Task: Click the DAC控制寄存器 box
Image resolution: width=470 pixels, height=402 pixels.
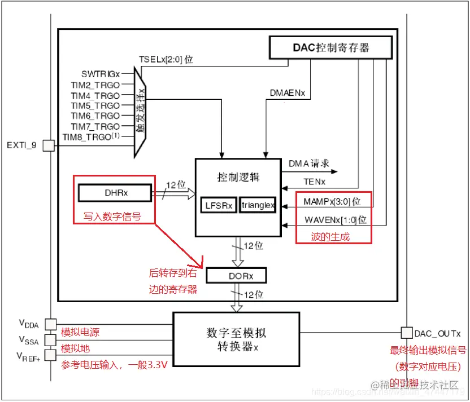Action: coord(330,47)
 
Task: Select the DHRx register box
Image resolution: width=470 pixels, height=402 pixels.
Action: coord(115,193)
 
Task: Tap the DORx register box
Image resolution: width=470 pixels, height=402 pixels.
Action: coord(236,275)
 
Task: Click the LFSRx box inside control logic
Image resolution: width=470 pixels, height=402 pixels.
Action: coord(219,205)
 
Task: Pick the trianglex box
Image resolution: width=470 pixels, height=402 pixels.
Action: coord(258,205)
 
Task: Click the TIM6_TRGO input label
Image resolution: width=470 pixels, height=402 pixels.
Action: coord(95,116)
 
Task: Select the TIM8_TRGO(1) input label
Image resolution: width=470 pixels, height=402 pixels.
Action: coord(92,136)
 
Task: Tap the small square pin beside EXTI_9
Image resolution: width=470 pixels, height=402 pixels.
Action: coord(49,145)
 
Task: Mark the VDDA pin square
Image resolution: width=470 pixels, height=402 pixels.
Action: coord(50,324)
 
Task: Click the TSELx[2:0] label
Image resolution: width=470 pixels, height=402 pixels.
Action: coord(166,59)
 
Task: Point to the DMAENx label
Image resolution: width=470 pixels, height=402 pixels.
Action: coord(286,93)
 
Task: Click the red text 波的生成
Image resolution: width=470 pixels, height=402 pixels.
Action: coord(330,237)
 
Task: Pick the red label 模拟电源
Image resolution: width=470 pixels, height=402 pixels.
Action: coord(80,332)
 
